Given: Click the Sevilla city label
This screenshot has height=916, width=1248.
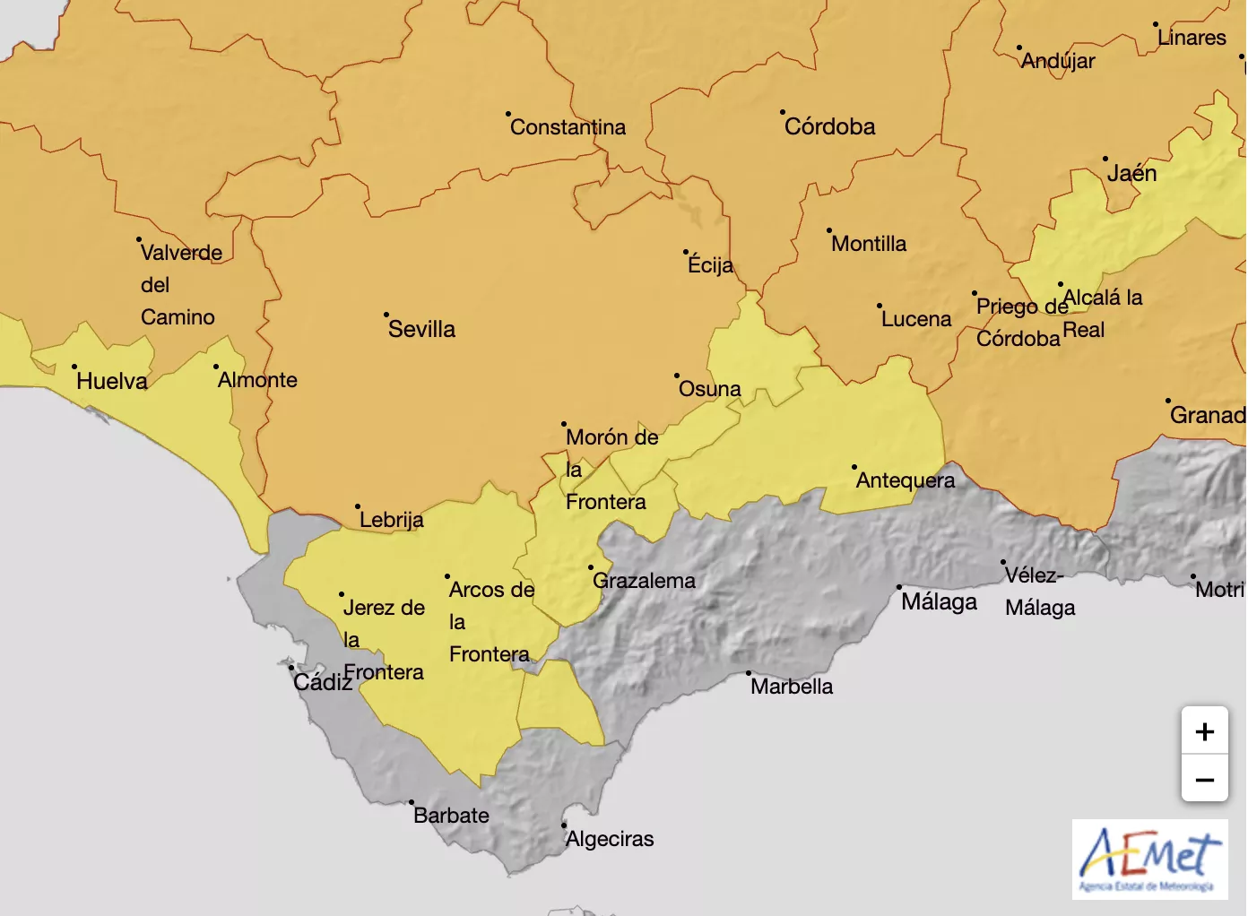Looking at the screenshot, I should pyautogui.click(x=421, y=329).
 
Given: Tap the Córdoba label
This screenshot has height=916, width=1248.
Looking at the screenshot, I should pyautogui.click(x=829, y=126).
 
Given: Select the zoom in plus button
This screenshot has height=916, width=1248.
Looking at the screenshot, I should pyautogui.click(x=1204, y=731).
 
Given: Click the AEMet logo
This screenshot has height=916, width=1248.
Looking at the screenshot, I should pyautogui.click(x=1149, y=859).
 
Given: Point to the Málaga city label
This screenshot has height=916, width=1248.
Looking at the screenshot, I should pyautogui.click(x=939, y=601).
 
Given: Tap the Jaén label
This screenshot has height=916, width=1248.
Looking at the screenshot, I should pyautogui.click(x=1131, y=173).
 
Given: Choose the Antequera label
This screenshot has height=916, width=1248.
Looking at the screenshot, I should pyautogui.click(x=905, y=480).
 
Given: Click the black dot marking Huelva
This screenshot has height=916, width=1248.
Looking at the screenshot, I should pyautogui.click(x=74, y=367).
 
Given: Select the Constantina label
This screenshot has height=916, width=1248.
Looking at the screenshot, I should pyautogui.click(x=568, y=127).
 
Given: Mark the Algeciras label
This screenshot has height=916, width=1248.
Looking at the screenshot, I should pyautogui.click(x=610, y=839).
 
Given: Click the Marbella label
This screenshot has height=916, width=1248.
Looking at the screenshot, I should pyautogui.click(x=792, y=687).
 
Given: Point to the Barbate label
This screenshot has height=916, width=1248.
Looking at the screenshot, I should pyautogui.click(x=451, y=816).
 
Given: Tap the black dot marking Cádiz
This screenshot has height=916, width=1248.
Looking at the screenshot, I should pyautogui.click(x=290, y=668).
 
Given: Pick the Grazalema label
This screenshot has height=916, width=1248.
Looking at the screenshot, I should pyautogui.click(x=644, y=581).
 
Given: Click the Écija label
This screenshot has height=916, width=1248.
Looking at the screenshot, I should pyautogui.click(x=710, y=265).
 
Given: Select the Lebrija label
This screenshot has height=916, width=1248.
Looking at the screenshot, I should pyautogui.click(x=391, y=520).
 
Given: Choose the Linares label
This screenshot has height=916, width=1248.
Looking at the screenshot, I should pyautogui.click(x=1192, y=38).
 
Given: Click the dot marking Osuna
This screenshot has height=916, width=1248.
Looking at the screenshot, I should pyautogui.click(x=677, y=376).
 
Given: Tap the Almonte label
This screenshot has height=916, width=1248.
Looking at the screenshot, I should pyautogui.click(x=257, y=380).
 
